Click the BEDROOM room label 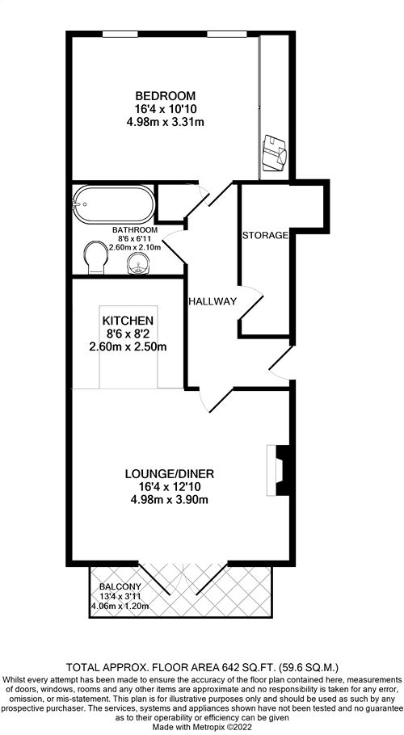[x=165, y=96]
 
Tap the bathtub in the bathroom [x=114, y=204]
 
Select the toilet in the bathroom [x=95, y=258]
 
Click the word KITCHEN [x=128, y=321]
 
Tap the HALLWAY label [x=213, y=301]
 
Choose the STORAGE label [x=265, y=235]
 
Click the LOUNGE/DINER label [x=169, y=474]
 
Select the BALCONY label [x=120, y=587]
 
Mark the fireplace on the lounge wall [x=280, y=470]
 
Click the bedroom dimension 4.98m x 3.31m [x=166, y=122]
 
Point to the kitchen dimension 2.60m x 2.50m [x=128, y=347]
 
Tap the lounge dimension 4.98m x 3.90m [x=169, y=500]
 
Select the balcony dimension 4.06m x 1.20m [x=120, y=606]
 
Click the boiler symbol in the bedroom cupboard [x=273, y=153]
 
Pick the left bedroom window [x=120, y=34]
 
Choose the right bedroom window [x=227, y=34]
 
